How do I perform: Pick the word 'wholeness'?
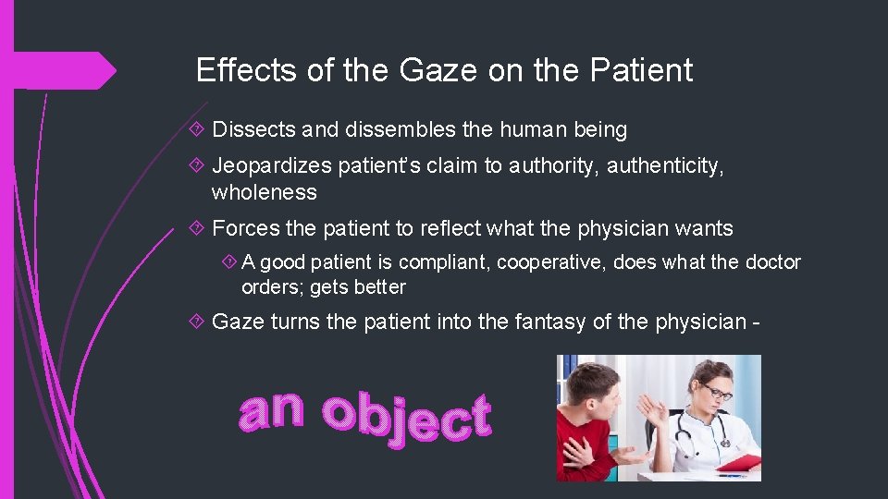coord(265,192)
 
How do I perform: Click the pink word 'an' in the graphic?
coord(270,411)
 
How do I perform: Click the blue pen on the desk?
coord(731,476)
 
